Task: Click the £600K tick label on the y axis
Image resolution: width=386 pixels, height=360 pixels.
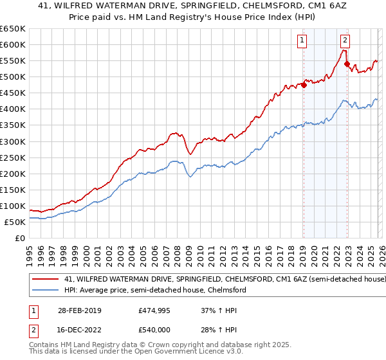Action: pos(13,44)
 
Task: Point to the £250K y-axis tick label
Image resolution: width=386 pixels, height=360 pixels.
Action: pos(13,157)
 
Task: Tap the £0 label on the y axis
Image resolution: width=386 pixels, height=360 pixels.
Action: pos(20,238)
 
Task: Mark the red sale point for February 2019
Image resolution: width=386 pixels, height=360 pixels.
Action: pos(304,85)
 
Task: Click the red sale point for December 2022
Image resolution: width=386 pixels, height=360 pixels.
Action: pos(347,64)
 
